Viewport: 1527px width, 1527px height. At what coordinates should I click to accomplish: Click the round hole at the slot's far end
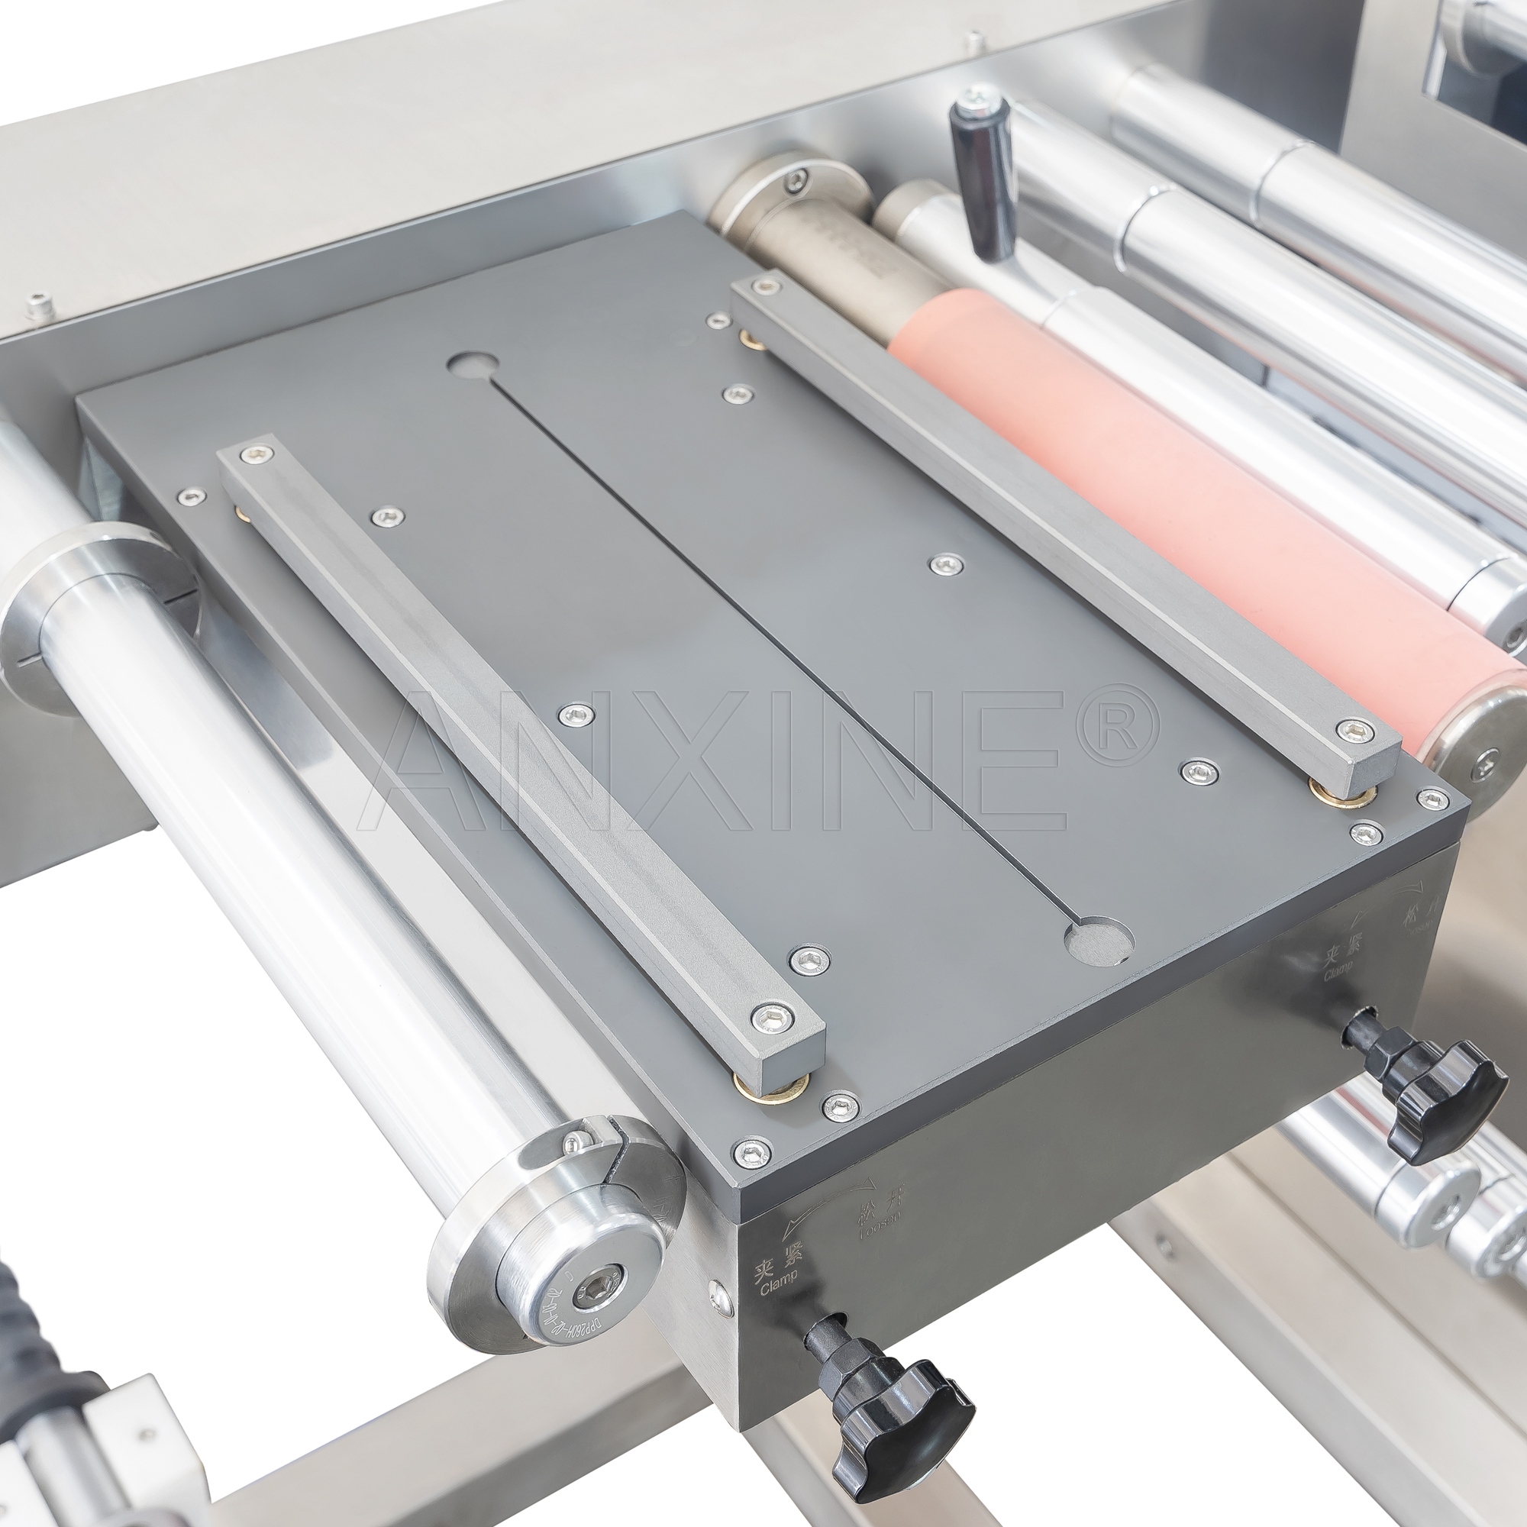[473, 364]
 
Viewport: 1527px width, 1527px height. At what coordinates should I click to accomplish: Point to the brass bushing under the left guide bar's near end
[770, 1086]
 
